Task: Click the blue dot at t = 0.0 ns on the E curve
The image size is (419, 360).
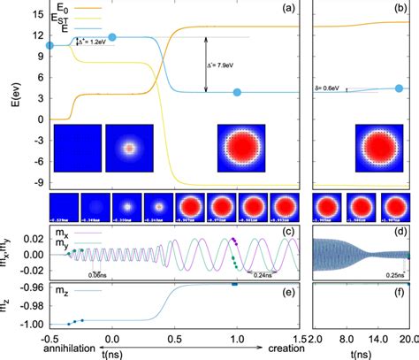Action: point(111,38)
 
